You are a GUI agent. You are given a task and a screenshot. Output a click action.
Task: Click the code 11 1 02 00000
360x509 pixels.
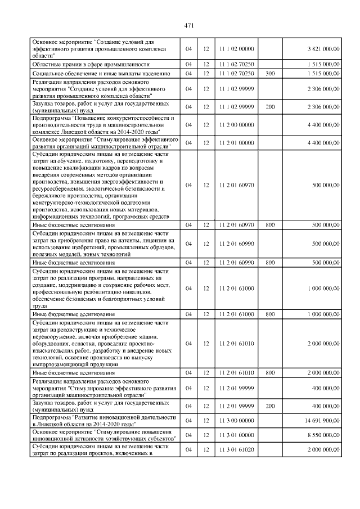click(x=237, y=48)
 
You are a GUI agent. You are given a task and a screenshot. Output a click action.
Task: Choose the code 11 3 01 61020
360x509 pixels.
click(x=237, y=449)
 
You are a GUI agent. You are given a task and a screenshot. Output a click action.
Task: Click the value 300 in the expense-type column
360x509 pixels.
click(x=270, y=73)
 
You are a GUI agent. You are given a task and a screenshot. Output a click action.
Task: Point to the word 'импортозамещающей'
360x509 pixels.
click(x=60, y=364)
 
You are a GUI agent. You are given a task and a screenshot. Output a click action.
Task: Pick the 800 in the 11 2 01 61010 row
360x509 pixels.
click(x=270, y=372)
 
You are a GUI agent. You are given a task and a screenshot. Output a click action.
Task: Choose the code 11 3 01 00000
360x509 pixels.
click(x=237, y=435)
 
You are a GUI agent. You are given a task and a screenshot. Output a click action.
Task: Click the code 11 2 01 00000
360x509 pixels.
click(x=237, y=143)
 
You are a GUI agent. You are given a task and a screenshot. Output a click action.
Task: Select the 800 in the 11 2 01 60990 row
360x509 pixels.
click(x=270, y=263)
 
